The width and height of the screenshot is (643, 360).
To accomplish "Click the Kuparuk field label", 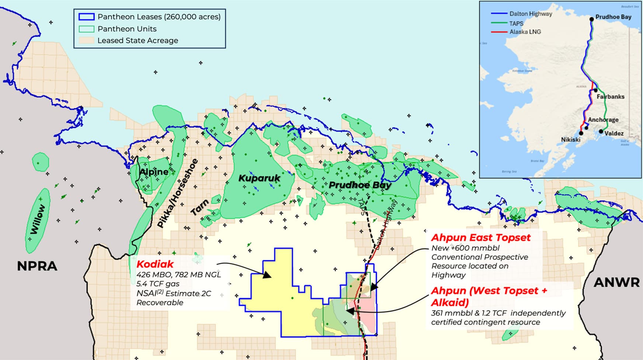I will click(x=259, y=178).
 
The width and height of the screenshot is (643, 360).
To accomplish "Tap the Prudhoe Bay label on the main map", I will click(x=359, y=185).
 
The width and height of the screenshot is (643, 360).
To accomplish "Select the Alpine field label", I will click(x=154, y=172).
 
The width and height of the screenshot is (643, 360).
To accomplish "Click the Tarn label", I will click(x=200, y=207).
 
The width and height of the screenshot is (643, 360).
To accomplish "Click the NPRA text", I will click(x=37, y=266).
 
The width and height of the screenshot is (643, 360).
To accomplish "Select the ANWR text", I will click(x=616, y=283).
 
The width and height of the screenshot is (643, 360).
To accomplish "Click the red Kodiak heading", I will click(x=155, y=264).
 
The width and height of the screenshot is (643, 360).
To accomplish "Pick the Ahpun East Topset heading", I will click(x=481, y=238).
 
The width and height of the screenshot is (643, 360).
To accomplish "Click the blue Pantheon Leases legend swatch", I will click(x=86, y=17).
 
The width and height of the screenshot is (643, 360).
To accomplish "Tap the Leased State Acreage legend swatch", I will click(x=86, y=41).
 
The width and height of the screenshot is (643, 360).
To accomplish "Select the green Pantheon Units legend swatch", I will click(x=86, y=29).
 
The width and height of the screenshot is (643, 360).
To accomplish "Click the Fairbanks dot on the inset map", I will click(x=595, y=90).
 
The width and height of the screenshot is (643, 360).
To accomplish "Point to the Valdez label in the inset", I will click(x=614, y=133).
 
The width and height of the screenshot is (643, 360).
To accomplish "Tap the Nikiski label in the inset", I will click(x=570, y=139).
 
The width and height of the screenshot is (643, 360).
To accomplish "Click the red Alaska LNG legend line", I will click(x=499, y=32).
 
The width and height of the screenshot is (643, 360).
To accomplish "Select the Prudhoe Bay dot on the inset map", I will click(x=591, y=19).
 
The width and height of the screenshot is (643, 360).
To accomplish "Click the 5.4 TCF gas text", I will click(x=158, y=284).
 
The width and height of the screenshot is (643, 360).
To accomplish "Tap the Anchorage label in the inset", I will click(x=603, y=120).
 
